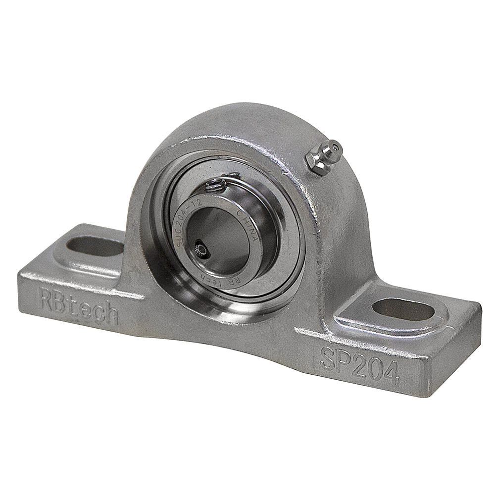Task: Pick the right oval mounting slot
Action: click(x=403, y=309)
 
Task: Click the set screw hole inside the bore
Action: click(x=201, y=247)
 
